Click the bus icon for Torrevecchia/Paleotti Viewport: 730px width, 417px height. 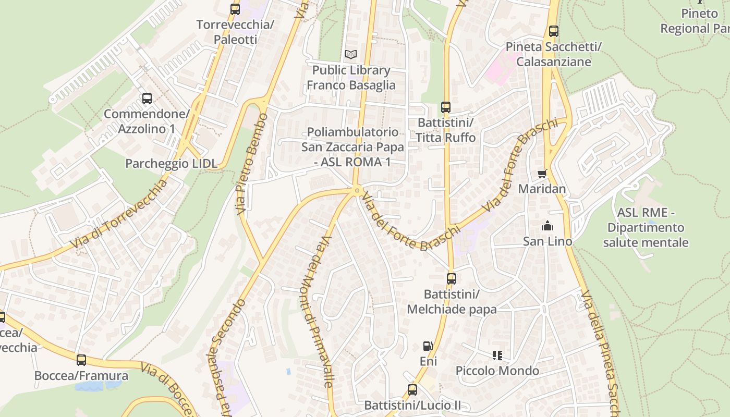pos(235,9)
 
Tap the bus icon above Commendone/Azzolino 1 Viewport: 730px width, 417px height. pos(147,98)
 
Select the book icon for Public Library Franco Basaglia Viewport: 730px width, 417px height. pos(351,54)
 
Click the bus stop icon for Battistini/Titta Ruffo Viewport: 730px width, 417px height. pos(446,107)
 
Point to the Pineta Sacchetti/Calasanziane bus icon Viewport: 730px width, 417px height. pos(554,31)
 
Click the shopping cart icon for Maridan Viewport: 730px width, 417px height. pos(542,174)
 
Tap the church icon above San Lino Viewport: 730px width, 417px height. pos(547,226)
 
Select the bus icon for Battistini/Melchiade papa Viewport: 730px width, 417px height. pos(452,279)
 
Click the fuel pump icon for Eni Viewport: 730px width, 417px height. pos(428,346)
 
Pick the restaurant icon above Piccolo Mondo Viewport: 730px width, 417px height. pos(497,355)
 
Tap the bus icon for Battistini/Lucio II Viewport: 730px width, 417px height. pos(412,389)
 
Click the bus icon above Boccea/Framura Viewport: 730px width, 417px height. pos(81,360)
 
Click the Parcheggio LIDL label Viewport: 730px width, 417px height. pos(171,164)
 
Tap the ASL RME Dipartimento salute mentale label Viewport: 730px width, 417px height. pos(646,228)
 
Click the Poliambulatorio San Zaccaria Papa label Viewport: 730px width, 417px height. pos(352,147)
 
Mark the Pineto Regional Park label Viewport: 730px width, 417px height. pos(696,21)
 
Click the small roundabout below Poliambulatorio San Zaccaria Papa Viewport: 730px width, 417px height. pos(357,191)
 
